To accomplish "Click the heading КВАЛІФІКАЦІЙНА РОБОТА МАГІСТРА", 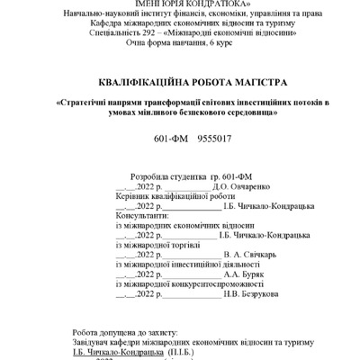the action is pyautogui.click(x=179, y=81).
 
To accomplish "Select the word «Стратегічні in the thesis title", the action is pyautogui.click(x=86, y=102).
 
